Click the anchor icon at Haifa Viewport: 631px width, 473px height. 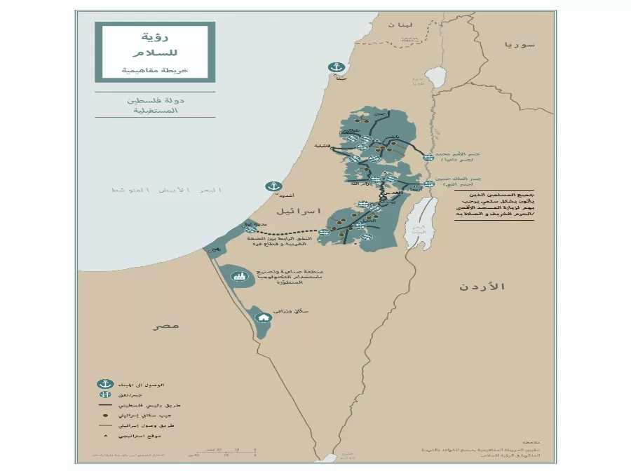336,68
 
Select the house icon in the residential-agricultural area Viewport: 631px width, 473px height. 264,317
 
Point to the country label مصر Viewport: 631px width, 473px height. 167,325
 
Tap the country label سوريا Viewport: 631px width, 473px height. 519,44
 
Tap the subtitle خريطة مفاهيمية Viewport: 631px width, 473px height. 155,71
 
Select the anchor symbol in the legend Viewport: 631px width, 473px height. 105,384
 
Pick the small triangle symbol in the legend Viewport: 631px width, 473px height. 105,435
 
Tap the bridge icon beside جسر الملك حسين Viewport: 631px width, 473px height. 428,184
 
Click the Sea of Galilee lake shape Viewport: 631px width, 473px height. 436,76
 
